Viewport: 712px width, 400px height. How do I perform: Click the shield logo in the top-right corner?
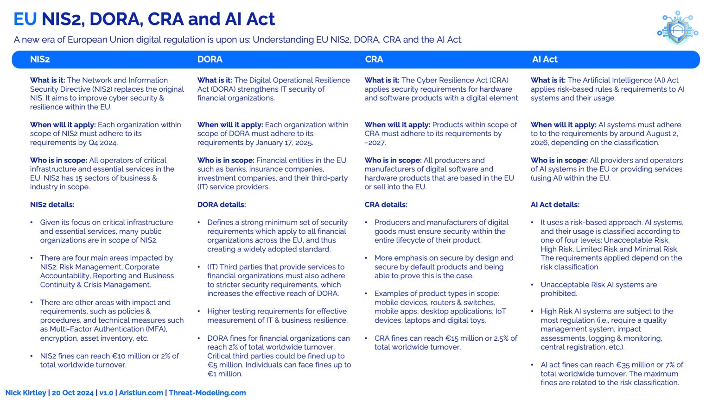click(x=677, y=28)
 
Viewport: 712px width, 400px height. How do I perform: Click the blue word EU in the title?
click(x=25, y=19)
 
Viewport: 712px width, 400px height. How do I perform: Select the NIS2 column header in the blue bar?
click(x=40, y=59)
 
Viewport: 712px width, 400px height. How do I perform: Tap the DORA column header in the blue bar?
click(x=210, y=59)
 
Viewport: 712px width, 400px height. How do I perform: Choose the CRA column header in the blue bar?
click(x=374, y=59)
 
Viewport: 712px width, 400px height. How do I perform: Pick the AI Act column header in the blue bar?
click(x=545, y=59)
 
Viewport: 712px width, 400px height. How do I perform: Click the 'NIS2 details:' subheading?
click(x=52, y=205)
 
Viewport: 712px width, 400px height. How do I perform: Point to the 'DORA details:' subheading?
click(x=222, y=205)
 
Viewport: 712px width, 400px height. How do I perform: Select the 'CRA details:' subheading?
click(x=386, y=205)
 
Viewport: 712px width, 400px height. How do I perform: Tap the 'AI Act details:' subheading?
click(x=555, y=205)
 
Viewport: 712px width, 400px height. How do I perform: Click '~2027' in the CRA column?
click(x=375, y=143)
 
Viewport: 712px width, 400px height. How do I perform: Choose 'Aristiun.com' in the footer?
click(x=141, y=393)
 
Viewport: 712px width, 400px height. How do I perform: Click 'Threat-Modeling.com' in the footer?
click(x=207, y=393)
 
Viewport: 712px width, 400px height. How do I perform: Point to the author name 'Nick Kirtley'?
click(x=26, y=393)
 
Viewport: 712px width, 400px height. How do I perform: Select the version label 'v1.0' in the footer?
click(x=106, y=393)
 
